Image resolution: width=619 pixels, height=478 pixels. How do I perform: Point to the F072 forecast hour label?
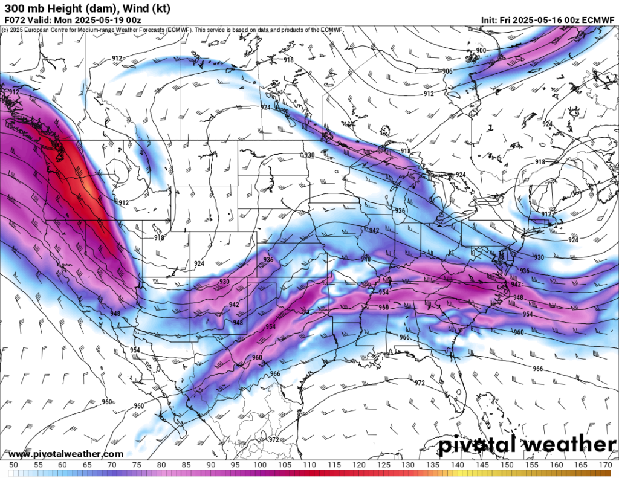pyautogui.click(x=15, y=19)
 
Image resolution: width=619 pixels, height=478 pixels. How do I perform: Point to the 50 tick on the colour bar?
pyautogui.click(x=13, y=464)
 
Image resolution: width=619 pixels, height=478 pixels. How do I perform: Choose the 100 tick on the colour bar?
pyautogui.click(x=261, y=464)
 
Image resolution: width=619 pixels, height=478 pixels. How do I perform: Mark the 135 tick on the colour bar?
pyautogui.click(x=433, y=464)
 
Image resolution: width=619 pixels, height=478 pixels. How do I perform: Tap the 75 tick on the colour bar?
pyautogui.click(x=137, y=464)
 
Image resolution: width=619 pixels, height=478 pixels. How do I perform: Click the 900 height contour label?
pyautogui.click(x=481, y=50)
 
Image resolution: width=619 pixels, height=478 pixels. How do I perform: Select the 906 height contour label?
pyautogui.click(x=447, y=71)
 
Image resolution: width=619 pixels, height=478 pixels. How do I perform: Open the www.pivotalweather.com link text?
pyautogui.click(x=66, y=454)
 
